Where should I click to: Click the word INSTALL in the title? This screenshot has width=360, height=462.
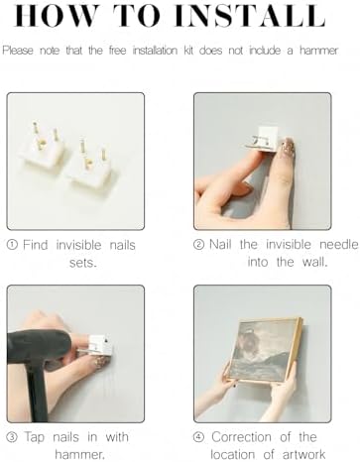250,16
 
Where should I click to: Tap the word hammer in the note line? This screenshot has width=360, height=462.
318,51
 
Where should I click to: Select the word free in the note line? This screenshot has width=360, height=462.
117,51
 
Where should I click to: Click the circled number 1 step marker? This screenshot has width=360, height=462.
12,245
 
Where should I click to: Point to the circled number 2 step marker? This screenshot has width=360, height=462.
198,245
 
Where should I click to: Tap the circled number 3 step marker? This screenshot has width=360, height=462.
12,437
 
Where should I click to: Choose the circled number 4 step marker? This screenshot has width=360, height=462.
198,437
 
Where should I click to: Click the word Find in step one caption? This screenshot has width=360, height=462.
35,245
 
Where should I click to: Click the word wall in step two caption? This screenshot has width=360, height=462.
314,262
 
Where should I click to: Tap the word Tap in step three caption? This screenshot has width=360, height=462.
35,437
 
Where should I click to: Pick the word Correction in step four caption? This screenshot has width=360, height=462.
242,437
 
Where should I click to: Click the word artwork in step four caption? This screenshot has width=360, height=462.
304,454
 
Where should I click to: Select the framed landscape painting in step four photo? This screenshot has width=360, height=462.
265,350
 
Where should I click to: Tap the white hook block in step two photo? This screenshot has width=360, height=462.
268,138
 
